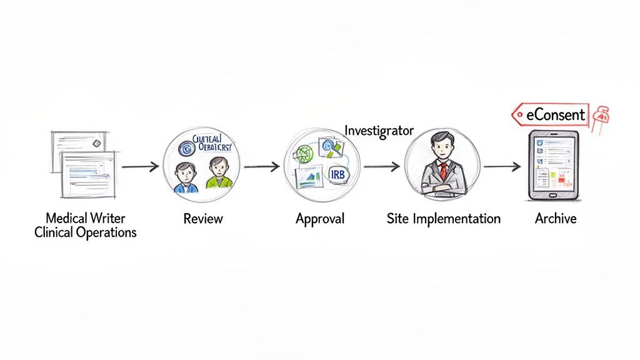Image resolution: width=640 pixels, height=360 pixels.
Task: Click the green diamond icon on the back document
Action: click(96, 144)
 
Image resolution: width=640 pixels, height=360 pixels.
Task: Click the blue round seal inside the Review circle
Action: click(185, 148)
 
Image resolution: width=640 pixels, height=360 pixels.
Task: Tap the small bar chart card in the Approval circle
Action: click(308, 177)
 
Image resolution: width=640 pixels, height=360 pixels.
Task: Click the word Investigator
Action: click(379, 131)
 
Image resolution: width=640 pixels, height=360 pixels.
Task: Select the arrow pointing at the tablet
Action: click(502, 167)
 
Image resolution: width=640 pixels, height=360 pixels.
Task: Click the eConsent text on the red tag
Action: click(556, 114)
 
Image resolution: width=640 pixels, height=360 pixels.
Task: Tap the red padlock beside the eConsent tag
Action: click(602, 115)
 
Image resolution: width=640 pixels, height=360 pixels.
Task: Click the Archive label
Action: click(555, 219)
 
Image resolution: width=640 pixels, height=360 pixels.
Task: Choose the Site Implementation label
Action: click(443, 219)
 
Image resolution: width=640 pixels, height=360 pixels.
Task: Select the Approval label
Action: click(319, 219)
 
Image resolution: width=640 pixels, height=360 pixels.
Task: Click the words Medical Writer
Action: click(85, 218)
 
